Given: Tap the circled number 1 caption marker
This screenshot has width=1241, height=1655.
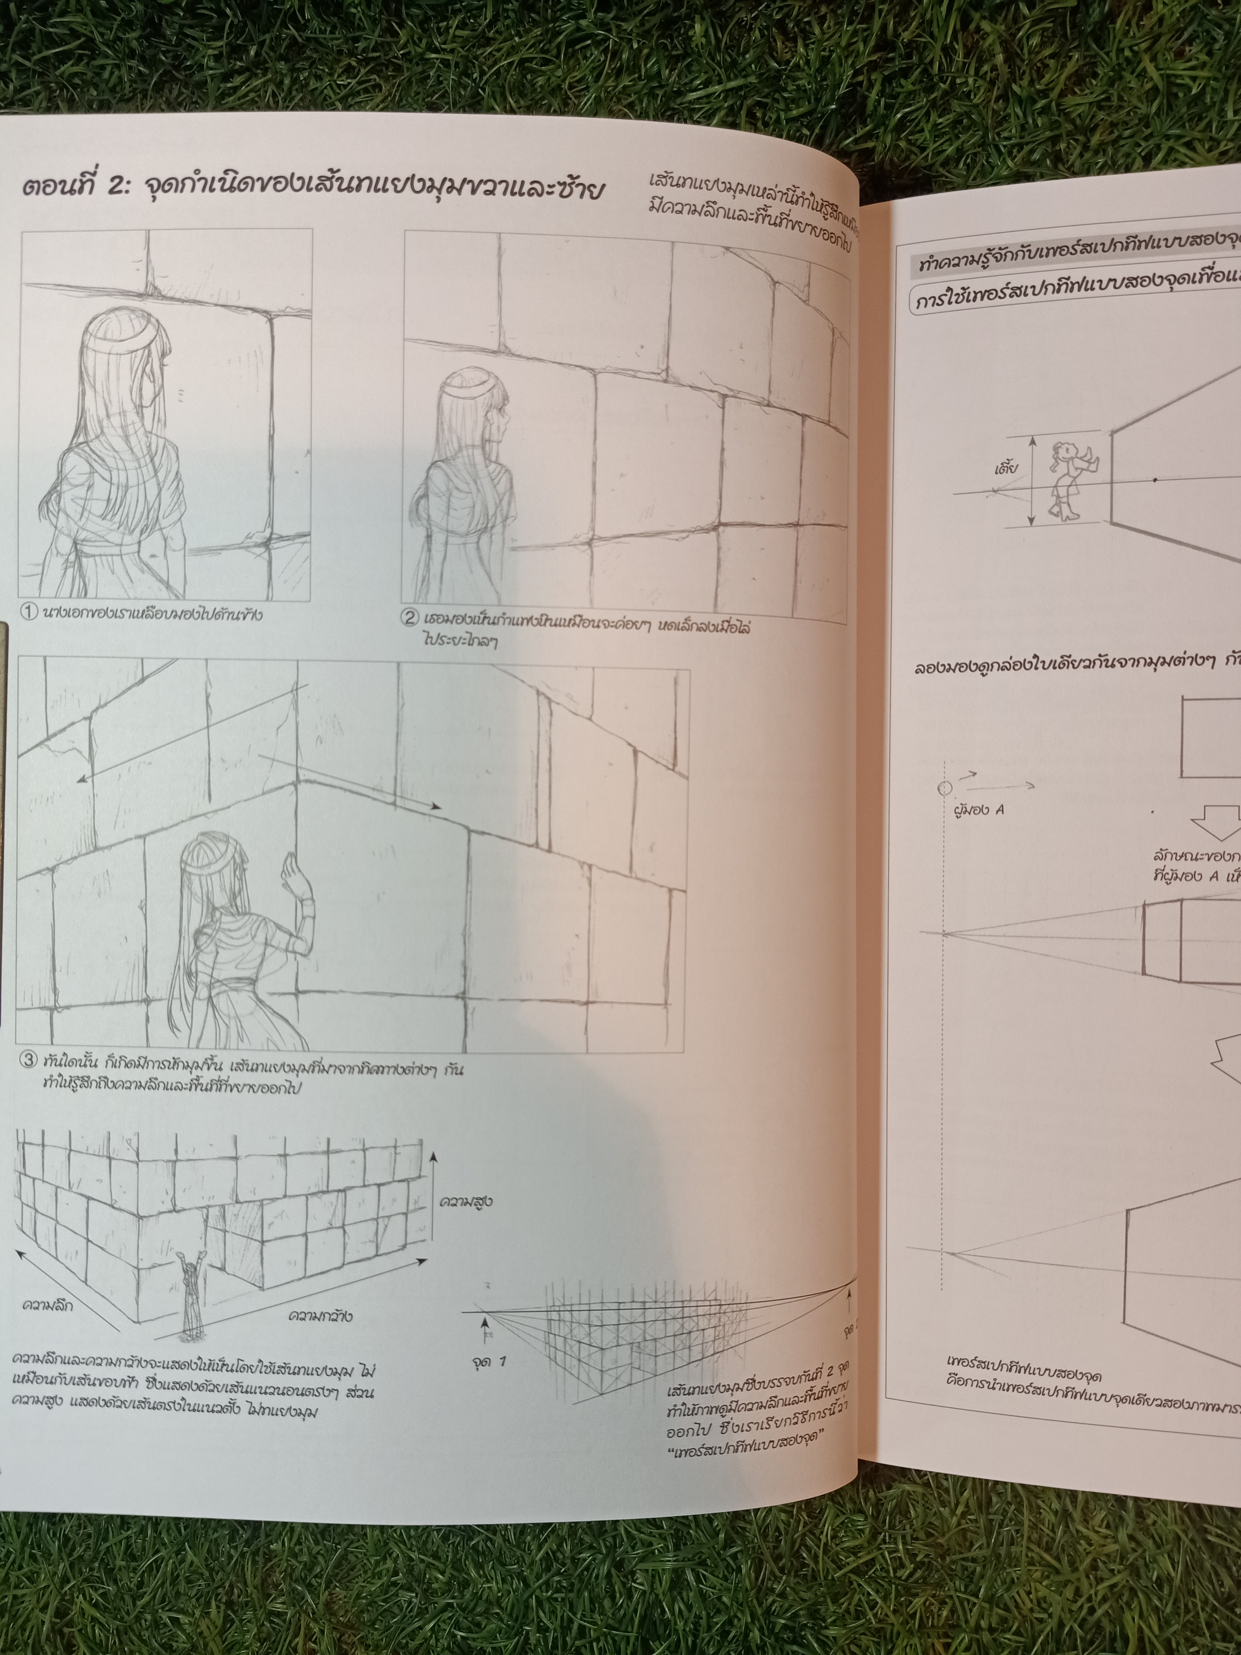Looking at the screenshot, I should coord(28,613).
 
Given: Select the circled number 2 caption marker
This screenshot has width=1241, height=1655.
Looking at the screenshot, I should coord(410,618).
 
